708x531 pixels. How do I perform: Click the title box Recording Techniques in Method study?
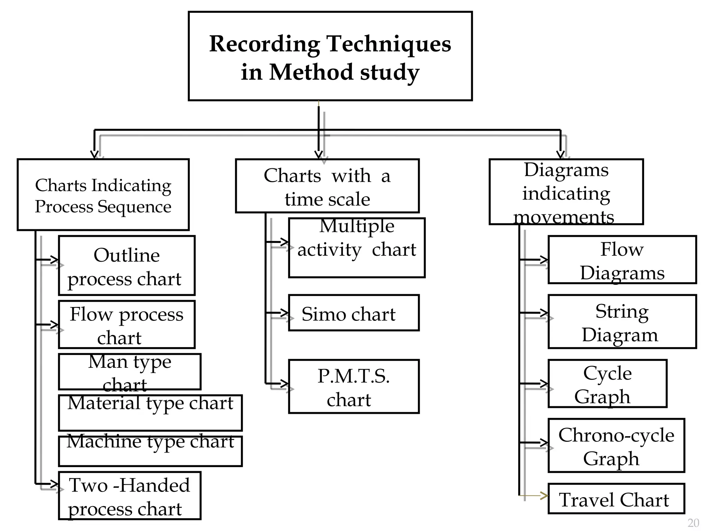330,56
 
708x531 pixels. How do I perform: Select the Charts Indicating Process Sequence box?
103,195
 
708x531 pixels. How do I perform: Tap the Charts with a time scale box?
327,186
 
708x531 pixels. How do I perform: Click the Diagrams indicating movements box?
566,192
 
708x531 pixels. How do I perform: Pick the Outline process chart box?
127,265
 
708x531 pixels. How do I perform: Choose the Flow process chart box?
127,325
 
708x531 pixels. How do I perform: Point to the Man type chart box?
130,372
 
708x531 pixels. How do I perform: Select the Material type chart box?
150,413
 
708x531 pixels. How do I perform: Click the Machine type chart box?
150,451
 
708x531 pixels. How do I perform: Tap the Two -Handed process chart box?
130,496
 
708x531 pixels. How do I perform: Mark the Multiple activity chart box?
357,248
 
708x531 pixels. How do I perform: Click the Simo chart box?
354,313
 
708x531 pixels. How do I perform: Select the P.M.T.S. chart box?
354,386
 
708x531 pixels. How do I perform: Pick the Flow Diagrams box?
622,260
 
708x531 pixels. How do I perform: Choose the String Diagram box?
622,322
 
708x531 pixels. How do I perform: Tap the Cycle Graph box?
607,384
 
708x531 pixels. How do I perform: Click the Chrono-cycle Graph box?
616,446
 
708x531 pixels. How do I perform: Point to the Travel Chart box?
616,499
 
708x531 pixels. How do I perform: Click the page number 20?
693,523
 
